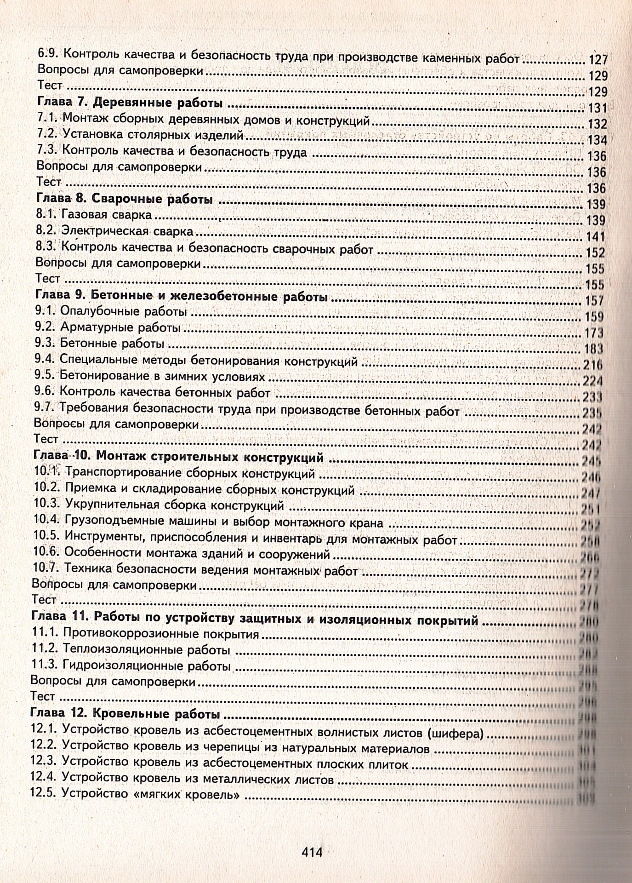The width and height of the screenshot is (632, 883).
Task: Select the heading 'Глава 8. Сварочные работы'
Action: pos(124,200)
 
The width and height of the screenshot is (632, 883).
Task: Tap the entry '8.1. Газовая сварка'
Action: pos(94,215)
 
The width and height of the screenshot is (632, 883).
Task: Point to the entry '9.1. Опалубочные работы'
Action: pos(111,311)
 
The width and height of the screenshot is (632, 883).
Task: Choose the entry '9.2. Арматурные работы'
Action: pos(108,328)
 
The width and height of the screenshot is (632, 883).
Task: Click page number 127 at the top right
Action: pos(598,60)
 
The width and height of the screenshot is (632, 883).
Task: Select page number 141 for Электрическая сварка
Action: pos(596,237)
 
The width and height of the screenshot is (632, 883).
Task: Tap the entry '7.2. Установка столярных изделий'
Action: pos(139,135)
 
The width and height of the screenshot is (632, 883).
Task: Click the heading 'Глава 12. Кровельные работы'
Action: pos(125,714)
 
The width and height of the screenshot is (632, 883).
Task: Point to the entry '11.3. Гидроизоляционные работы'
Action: pos(131,665)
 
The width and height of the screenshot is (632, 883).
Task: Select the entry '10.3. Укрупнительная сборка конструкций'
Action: pos(159,505)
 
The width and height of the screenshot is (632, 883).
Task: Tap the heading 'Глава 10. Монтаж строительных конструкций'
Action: pos(179,458)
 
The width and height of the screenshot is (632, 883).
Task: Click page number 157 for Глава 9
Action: pos(594,301)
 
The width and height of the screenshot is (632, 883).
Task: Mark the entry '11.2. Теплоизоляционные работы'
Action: pos(131,650)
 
